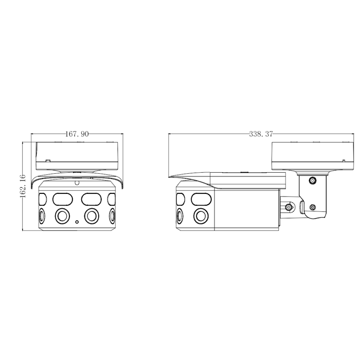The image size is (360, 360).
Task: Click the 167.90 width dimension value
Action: click(77, 134)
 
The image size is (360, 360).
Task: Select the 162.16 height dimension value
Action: click(23, 186)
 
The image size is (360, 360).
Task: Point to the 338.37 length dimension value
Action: click(261, 134)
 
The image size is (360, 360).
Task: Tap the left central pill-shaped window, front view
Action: click(63, 199)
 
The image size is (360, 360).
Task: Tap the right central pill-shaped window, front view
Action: click(92, 199)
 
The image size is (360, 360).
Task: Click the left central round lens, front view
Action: click(62, 216)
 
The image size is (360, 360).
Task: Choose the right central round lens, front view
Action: click(92, 216)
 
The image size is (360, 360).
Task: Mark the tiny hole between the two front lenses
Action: click(77, 222)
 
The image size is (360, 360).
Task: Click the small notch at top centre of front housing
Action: click(77, 183)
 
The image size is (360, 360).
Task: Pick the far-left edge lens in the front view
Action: click(42, 216)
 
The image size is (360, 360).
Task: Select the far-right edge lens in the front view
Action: click(112, 216)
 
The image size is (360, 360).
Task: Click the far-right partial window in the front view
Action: click(112, 199)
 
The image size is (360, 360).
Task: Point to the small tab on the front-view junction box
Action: click(48, 161)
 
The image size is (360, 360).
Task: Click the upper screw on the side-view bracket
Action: click(312, 181)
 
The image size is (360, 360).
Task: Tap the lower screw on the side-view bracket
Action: click(312, 208)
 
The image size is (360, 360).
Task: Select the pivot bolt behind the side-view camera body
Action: click(289, 207)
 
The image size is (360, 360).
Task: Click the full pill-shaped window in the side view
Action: click(201, 199)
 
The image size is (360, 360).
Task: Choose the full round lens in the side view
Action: click(201, 216)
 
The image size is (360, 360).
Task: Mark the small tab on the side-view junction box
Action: click(344, 161)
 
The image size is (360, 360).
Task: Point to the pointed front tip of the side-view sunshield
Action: click(169, 177)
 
